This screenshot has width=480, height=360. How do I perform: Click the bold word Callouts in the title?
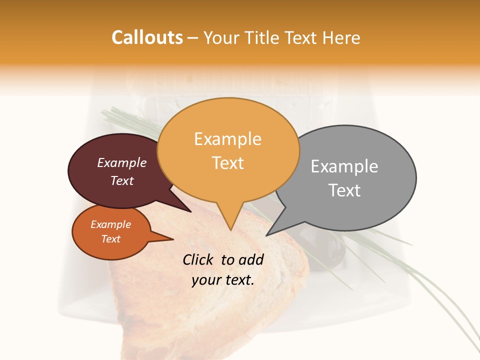tap(147, 37)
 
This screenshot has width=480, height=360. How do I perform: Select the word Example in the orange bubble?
tap(227, 139)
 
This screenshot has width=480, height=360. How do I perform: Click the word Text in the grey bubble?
tap(344, 190)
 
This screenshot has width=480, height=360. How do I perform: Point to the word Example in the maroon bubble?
tap(121, 162)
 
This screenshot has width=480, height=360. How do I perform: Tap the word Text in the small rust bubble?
tap(110, 239)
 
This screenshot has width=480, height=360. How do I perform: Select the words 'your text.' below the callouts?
tap(223, 280)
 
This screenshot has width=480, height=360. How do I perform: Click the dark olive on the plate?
tap(332, 250)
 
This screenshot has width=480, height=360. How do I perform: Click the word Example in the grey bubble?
tap(344, 166)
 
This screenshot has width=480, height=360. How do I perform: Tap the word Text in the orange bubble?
tap(228, 163)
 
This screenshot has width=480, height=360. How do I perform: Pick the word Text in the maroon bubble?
tap(121, 180)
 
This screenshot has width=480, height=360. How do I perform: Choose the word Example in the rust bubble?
tap(110, 224)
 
